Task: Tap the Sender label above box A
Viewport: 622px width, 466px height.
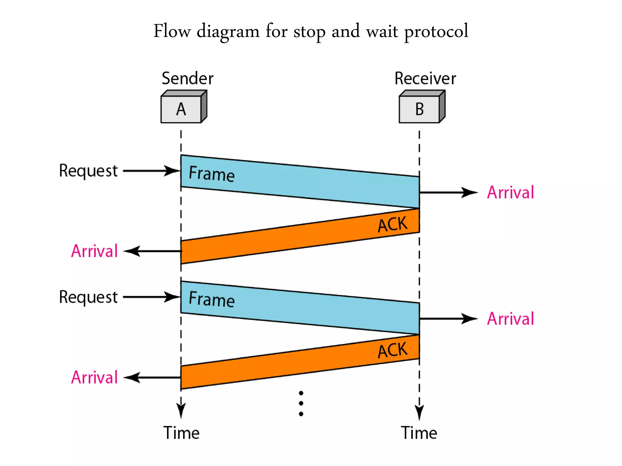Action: [187, 79]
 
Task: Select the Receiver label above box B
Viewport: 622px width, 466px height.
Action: [425, 79]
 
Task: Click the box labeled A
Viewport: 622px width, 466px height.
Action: [181, 109]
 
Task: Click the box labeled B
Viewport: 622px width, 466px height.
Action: [419, 109]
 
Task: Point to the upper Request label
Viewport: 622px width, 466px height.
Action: [88, 171]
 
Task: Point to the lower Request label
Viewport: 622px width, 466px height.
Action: [88, 297]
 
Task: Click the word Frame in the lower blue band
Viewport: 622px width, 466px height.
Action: [212, 299]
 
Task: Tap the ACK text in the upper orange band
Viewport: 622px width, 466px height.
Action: [392, 225]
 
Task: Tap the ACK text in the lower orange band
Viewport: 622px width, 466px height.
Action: [392, 350]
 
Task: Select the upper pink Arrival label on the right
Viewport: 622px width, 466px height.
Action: [510, 192]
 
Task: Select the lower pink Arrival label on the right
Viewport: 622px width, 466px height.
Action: [510, 319]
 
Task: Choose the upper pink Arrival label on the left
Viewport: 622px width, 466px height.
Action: [94, 251]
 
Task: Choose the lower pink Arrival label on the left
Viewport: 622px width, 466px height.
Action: [94, 377]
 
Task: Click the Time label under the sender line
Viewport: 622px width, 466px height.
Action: [181, 433]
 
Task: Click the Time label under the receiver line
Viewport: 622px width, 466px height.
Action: [419, 433]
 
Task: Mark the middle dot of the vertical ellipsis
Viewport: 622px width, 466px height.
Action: [301, 404]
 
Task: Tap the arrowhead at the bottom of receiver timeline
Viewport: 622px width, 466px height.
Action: [419, 413]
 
